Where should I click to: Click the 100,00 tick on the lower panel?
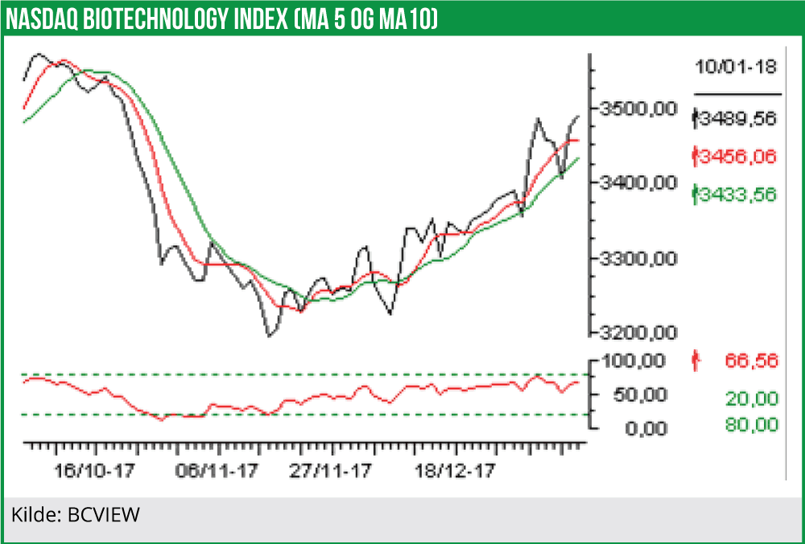[x=635, y=361]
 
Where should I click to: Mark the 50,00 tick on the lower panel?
[x=641, y=395]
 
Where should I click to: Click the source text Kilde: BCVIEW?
[x=76, y=513]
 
